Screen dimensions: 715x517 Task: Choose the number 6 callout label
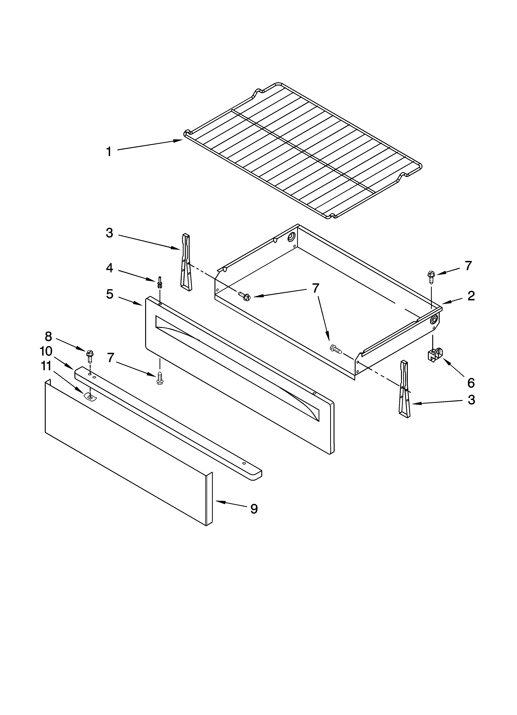[x=471, y=383]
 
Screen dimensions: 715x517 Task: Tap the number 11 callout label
[x=46, y=366]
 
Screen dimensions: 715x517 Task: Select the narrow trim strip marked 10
[x=167, y=422]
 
